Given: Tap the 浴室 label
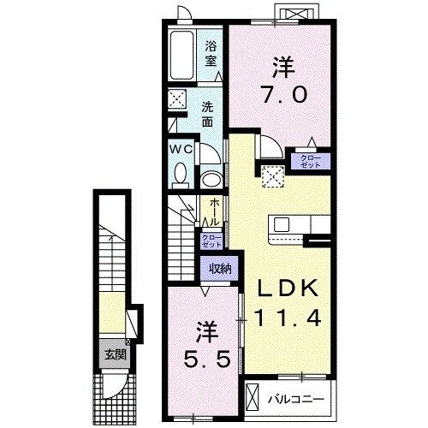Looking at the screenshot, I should coord(211,55).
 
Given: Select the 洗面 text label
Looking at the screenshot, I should coord(207,114).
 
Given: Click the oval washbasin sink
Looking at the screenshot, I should coord(211,179).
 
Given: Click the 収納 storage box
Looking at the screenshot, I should coord(220,268).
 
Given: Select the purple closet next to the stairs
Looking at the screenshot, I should coord(211,241).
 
